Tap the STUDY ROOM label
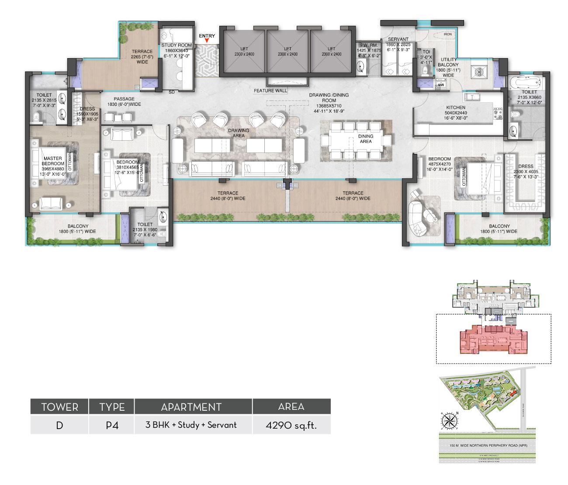[x=177, y=45]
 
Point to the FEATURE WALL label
[x=271, y=91]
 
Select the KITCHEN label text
[x=455, y=107]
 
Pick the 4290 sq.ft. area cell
[x=291, y=425]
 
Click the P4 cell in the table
[x=112, y=425]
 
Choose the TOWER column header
[x=59, y=407]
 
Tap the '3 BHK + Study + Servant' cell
[x=191, y=425]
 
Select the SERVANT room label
[x=398, y=39]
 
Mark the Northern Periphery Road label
[x=487, y=446]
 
